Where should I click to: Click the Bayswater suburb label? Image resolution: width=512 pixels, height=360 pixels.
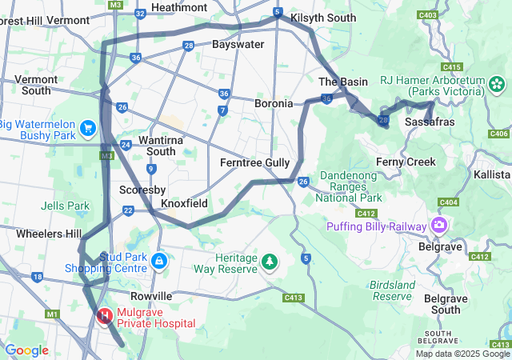[x=238, y=44]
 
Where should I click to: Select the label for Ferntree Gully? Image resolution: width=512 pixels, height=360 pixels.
[x=254, y=162]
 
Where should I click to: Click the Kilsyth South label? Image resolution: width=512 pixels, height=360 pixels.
[x=323, y=17]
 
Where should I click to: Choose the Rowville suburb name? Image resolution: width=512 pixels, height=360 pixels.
[x=151, y=296]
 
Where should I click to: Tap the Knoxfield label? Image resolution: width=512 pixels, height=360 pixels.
[x=184, y=203]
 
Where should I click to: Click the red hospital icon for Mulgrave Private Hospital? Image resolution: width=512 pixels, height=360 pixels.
[x=104, y=317]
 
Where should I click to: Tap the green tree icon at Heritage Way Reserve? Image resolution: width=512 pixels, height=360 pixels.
[x=270, y=262]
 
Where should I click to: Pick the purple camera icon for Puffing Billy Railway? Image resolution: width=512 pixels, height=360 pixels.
[x=439, y=226]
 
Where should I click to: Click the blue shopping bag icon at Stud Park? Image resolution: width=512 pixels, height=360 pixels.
[x=160, y=261]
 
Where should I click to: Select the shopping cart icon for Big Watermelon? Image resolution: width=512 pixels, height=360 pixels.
[x=88, y=127]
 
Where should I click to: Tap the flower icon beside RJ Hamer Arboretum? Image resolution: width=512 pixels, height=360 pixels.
[x=497, y=84]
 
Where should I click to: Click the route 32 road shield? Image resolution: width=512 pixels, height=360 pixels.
[x=141, y=14]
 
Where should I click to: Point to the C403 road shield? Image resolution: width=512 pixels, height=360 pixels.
[x=427, y=14]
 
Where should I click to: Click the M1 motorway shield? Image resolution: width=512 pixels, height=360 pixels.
[x=53, y=314]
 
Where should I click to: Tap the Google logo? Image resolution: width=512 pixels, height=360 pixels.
[x=26, y=350]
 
